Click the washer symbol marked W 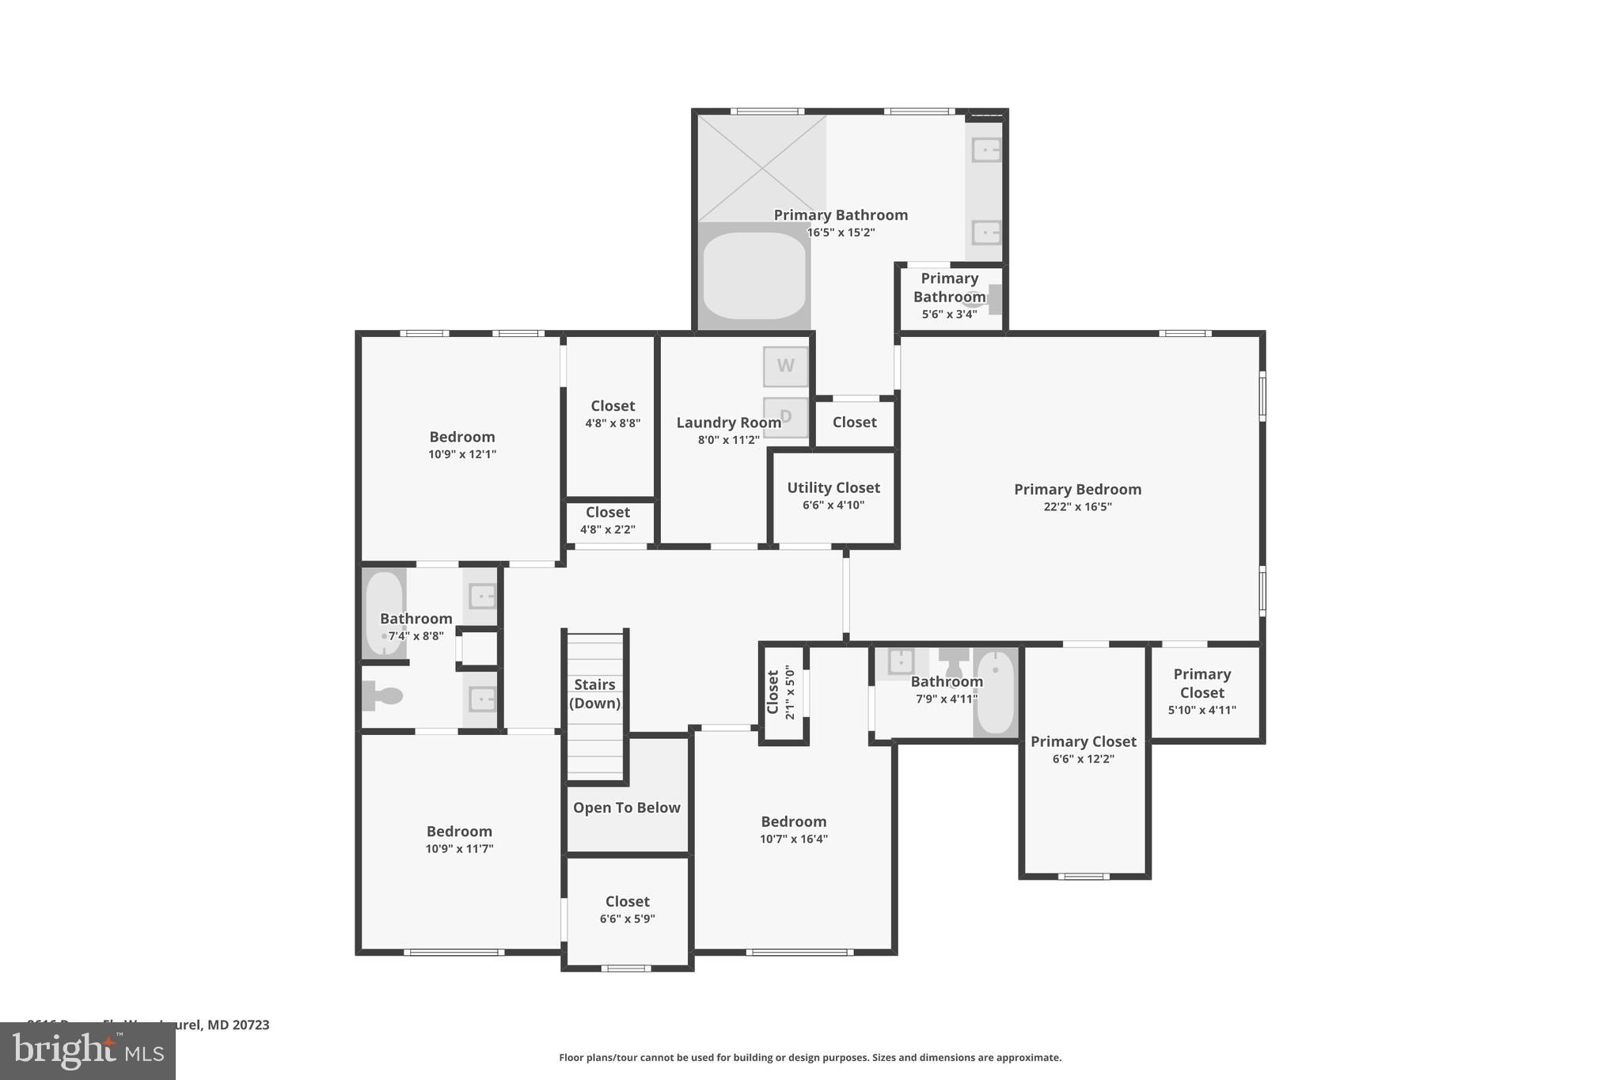coord(785,366)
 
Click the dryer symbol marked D coord(785,416)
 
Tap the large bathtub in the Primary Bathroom coord(754,275)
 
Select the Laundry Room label coord(728,423)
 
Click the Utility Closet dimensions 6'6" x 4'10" coord(833,505)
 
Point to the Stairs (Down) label coord(594,694)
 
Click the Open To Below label coord(626,808)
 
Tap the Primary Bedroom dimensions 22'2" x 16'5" coord(1077,506)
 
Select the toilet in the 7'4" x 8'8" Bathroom coord(383,696)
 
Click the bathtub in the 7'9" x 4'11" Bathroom coord(995,692)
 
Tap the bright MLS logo coord(88,1052)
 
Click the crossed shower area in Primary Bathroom coord(761,168)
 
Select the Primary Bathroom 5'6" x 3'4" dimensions coord(949,314)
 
